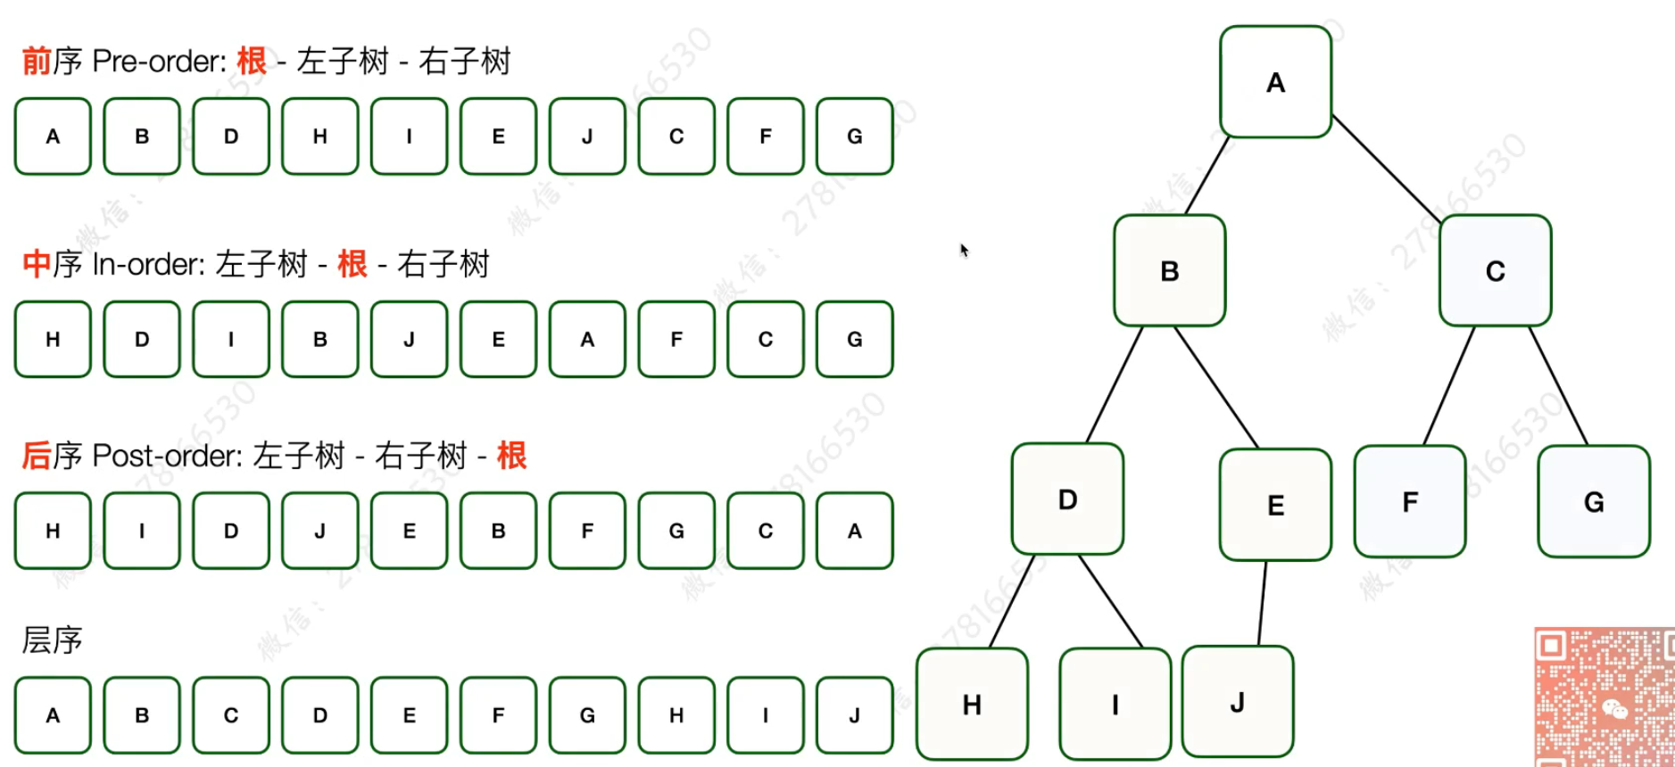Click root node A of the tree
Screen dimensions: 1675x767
pos(1275,82)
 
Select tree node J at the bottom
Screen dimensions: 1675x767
pos(1237,702)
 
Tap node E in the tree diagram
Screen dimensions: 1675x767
pos(1275,505)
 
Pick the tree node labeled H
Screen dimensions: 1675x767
pos(972,705)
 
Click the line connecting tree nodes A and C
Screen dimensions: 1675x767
pos(1386,169)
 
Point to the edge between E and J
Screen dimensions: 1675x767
pos(1263,602)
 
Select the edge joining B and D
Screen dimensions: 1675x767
pos(1115,384)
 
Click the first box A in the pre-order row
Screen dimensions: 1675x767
pos(53,136)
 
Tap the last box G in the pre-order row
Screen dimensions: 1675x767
pos(854,136)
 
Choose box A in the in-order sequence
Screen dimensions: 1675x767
pos(587,339)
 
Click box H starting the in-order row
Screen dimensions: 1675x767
pos(53,339)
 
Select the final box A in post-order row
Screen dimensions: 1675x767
pos(854,531)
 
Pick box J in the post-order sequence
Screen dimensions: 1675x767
pos(319,531)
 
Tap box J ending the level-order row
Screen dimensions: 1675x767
pos(854,715)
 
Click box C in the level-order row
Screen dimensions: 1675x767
pos(231,715)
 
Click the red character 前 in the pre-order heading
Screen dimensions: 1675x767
pos(37,62)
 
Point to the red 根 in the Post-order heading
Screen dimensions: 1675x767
pos(511,456)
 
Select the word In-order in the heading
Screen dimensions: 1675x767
pos(148,264)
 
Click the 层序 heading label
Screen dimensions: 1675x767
pos(52,640)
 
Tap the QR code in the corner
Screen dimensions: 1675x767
pos(1604,697)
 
